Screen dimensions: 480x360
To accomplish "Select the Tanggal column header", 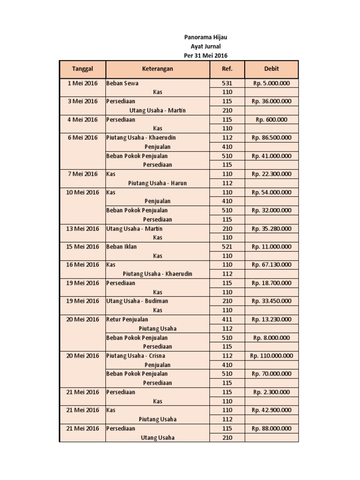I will point(82,69).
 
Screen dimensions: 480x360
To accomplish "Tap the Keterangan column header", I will point(157,69).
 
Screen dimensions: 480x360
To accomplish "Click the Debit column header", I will point(271,69).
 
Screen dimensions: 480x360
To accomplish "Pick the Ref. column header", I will point(227,69).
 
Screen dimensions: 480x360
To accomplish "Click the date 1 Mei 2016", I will point(82,83).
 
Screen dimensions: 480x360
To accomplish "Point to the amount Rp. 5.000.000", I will point(271,83).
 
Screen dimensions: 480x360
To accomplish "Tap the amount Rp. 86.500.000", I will point(271,138).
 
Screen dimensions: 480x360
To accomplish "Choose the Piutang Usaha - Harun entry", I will point(157,183).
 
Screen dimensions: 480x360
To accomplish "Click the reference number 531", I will point(227,83).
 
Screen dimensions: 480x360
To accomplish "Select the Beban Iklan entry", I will point(121,247).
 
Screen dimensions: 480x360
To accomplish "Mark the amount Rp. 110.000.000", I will point(271,356).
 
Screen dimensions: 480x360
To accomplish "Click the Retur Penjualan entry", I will point(127,319).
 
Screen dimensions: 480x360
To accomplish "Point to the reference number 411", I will point(227,319).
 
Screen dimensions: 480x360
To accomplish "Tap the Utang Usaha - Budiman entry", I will point(137,301).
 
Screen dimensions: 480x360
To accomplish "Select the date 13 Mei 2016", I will point(82,229).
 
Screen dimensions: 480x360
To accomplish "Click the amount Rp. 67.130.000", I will point(271,265).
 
